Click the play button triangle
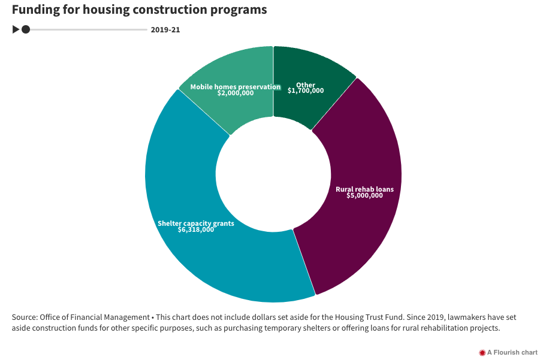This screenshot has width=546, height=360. pyautogui.click(x=16, y=29)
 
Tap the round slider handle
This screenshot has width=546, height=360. pyautogui.click(x=26, y=29)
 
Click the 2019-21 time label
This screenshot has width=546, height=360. pyautogui.click(x=165, y=29)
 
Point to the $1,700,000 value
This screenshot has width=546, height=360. pyautogui.click(x=306, y=91)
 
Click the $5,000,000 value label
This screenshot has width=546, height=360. pyautogui.click(x=364, y=195)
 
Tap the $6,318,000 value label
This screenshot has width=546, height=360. pyautogui.click(x=196, y=229)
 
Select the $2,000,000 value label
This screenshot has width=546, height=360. pyautogui.click(x=236, y=93)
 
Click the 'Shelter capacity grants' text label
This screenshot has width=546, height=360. pyautogui.click(x=196, y=223)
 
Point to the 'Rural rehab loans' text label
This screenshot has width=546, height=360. pyautogui.click(x=364, y=189)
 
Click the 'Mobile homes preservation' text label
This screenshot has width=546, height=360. pyautogui.click(x=236, y=87)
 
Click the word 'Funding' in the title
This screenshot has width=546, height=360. pyautogui.click(x=37, y=10)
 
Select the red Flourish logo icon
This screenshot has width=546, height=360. pyautogui.click(x=482, y=353)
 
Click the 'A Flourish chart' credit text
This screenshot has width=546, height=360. pyautogui.click(x=512, y=353)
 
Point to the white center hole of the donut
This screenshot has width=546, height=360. pyautogui.click(x=273, y=174)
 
